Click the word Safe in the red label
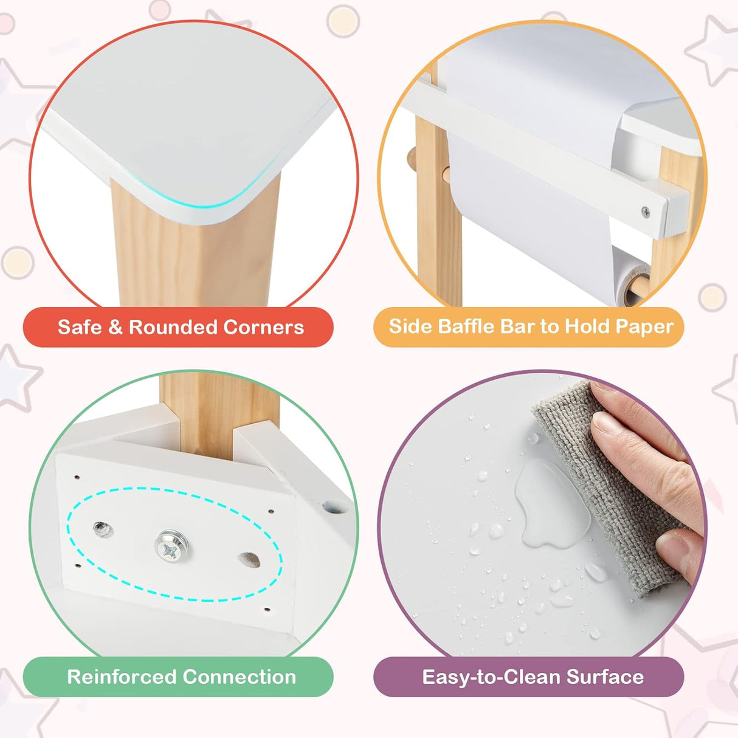tap(80, 327)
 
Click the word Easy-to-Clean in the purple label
tap(490, 677)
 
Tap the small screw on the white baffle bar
tap(645, 212)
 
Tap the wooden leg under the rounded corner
tap(195, 255)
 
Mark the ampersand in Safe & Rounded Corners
tap(115, 327)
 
